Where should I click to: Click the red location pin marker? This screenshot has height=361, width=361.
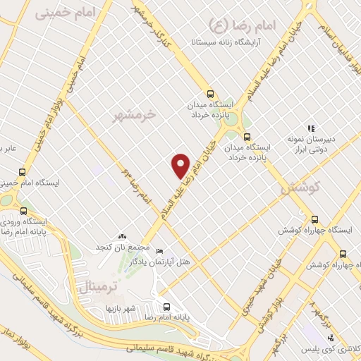point(181,165)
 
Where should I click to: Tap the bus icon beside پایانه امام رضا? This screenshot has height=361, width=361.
point(167,307)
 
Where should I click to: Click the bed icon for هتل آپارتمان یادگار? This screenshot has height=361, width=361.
point(159,252)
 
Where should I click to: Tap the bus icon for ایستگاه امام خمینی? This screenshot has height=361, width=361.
point(22,172)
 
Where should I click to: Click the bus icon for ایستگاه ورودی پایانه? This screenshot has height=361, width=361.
point(25,210)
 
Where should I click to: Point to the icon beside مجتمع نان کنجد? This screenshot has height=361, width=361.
point(124,236)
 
